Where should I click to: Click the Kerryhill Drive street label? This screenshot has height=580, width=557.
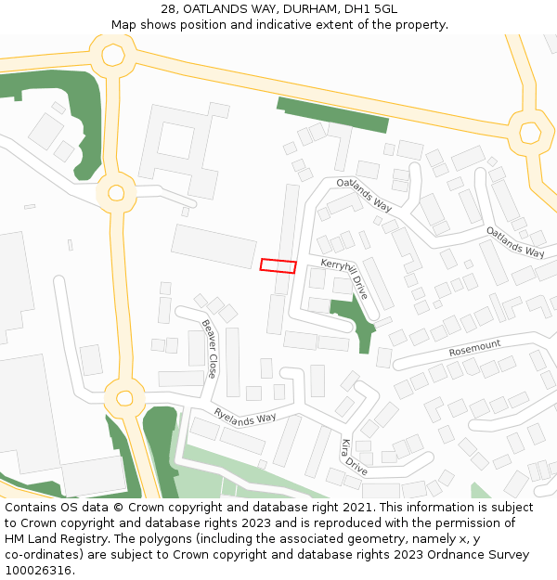[344, 278]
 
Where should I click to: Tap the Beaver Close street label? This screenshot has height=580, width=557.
[210, 349]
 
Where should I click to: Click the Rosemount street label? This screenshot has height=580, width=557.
[474, 348]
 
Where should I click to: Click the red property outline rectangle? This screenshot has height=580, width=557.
[278, 265]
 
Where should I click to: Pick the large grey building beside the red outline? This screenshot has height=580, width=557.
[214, 246]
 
